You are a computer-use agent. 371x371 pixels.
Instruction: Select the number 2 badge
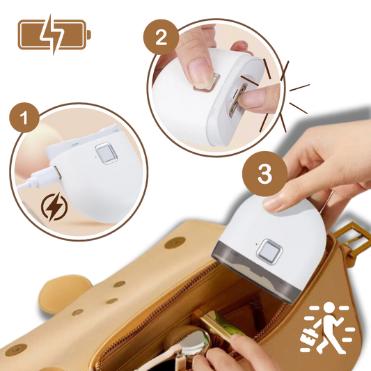point(161,38)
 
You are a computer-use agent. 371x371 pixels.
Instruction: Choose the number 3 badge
point(265,174)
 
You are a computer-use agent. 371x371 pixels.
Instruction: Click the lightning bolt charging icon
point(53,207)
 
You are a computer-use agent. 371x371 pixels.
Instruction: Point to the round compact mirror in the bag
point(197,342)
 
